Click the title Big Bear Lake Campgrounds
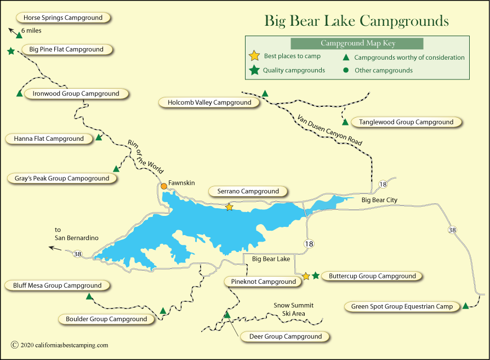[x=356, y=21]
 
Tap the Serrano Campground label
[x=248, y=191]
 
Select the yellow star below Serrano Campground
[x=229, y=207]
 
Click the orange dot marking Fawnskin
[x=163, y=186]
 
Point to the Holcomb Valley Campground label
[x=209, y=102]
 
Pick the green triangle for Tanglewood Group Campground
[x=345, y=122]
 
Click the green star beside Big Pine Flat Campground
[x=11, y=51]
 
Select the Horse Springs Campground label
[x=62, y=18]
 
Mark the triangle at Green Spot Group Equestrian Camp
[x=465, y=306]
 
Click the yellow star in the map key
[x=254, y=56]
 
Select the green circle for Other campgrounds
[x=346, y=70]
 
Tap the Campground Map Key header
[x=357, y=43]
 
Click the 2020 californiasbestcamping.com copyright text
[x=60, y=345]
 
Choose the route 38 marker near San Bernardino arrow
[x=77, y=253]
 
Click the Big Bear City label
[x=379, y=200]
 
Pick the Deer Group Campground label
[x=285, y=336]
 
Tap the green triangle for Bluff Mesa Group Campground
[x=89, y=296]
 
